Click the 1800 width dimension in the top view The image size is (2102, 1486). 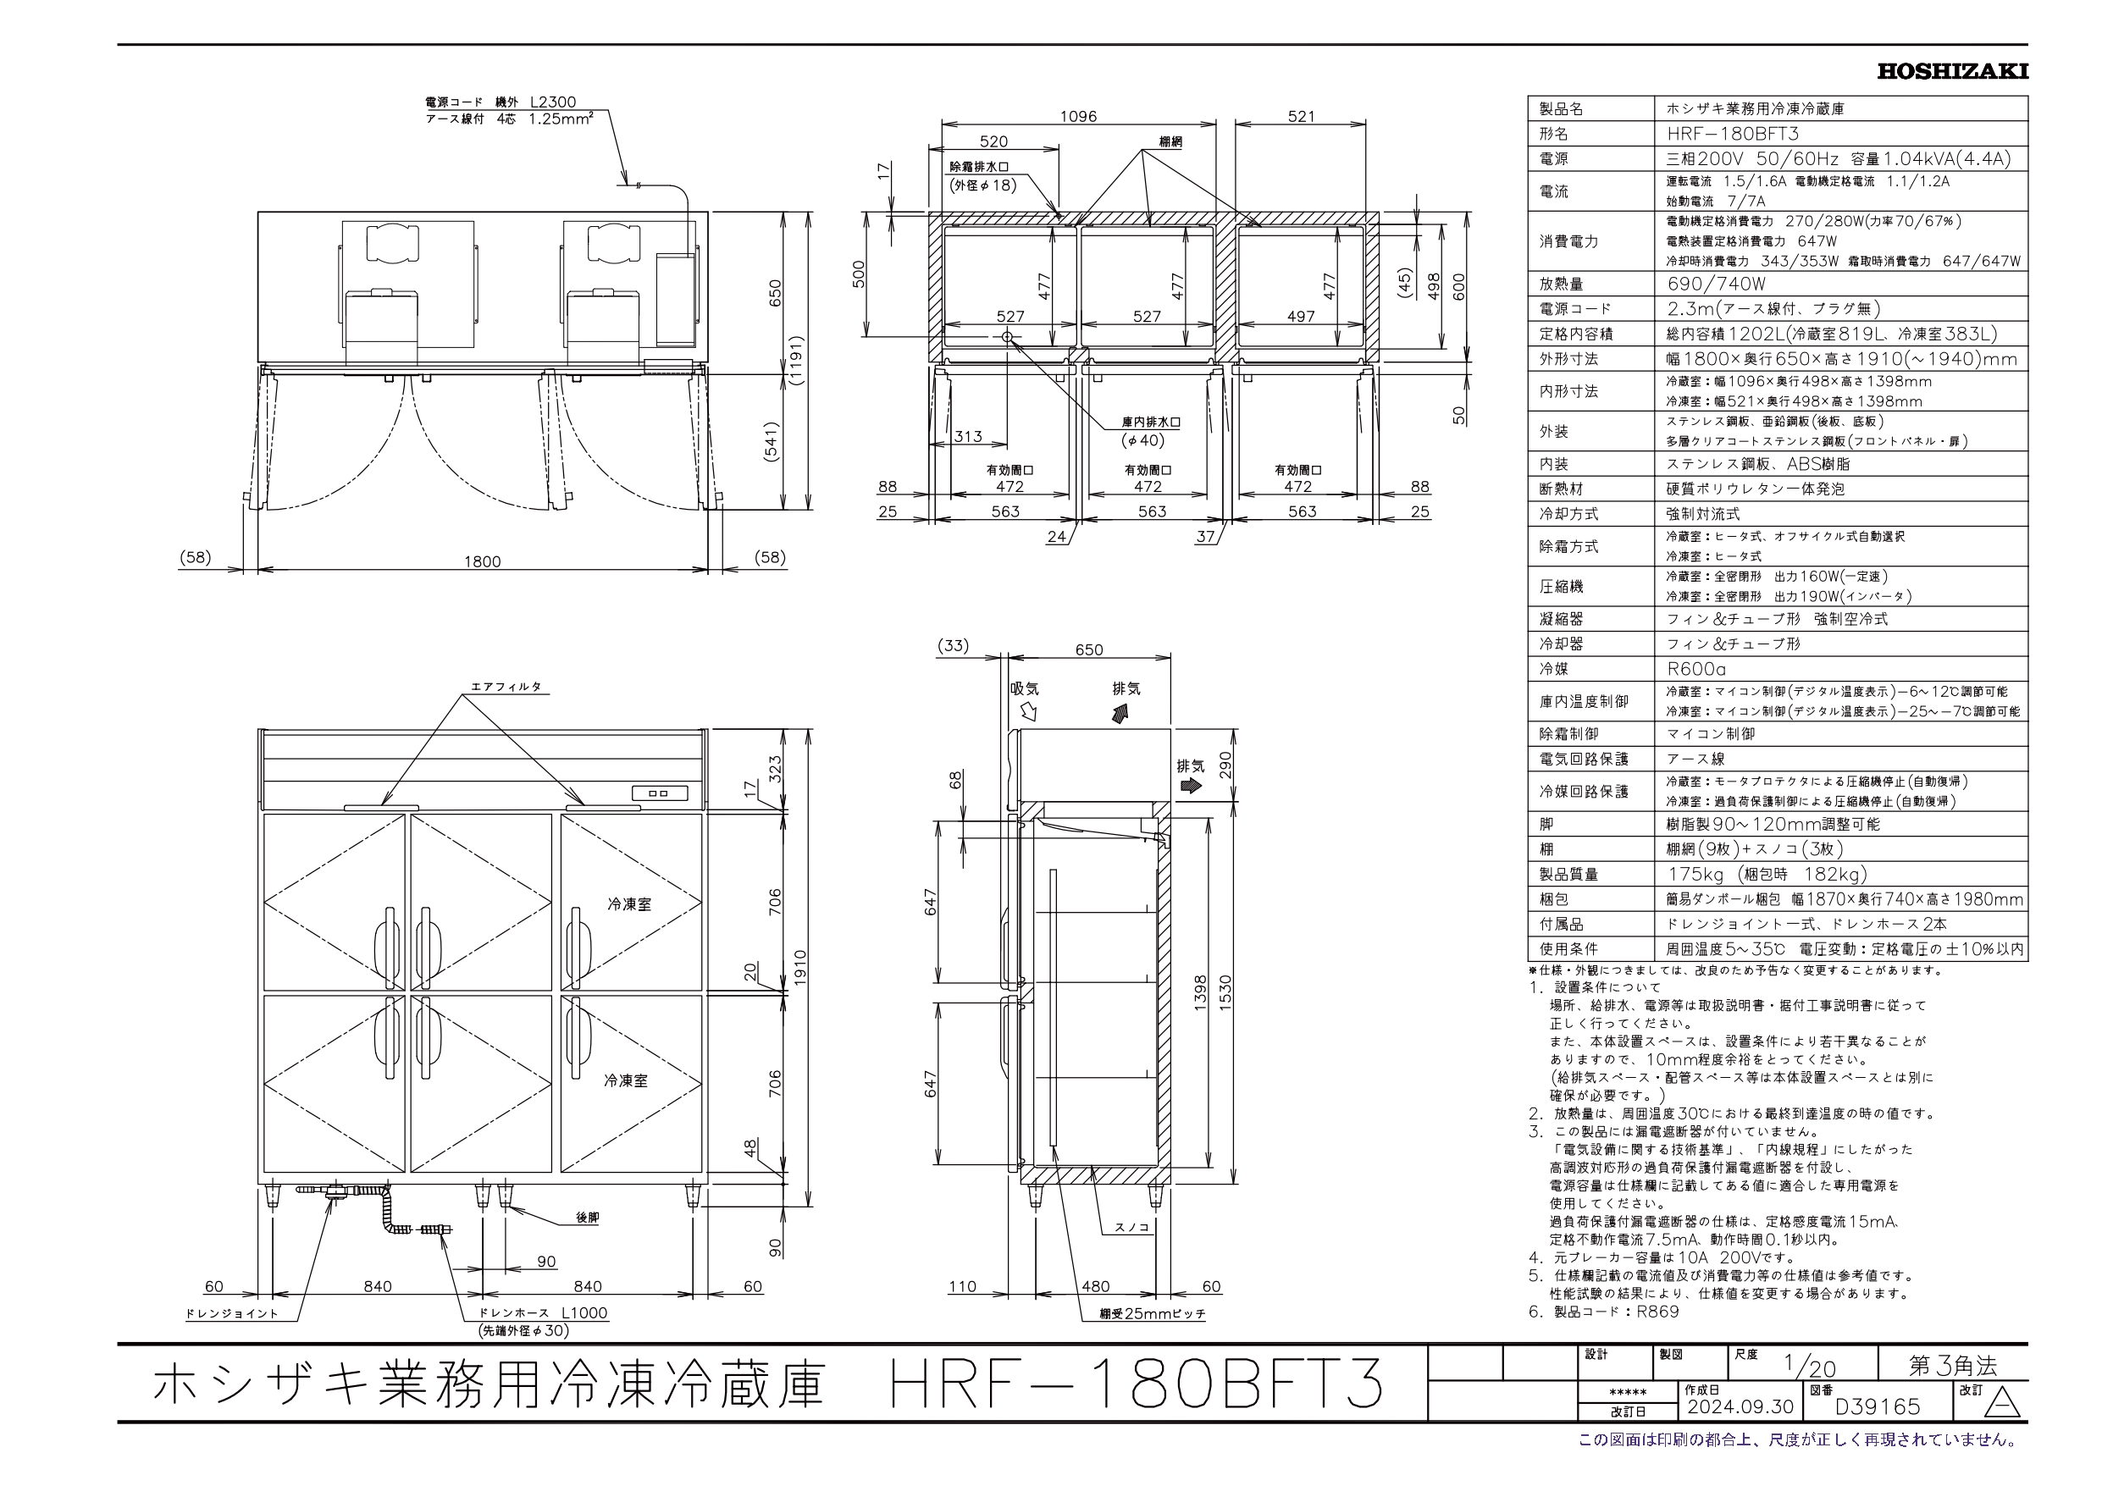(x=482, y=561)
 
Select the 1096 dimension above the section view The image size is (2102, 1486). (x=1077, y=116)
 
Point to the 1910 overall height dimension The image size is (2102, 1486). (x=800, y=964)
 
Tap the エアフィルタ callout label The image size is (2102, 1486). (x=506, y=686)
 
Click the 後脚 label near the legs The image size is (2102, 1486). (x=587, y=1217)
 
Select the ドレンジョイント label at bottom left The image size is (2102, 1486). (x=231, y=1313)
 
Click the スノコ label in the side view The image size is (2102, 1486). (x=1131, y=1227)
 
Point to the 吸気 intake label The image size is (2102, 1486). (x=1025, y=688)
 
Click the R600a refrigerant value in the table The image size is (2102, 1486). (x=1695, y=668)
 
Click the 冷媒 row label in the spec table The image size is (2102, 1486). (x=1553, y=668)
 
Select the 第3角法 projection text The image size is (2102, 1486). (x=1952, y=1366)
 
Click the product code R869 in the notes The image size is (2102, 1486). (x=1657, y=1311)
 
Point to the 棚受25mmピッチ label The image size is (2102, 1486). (x=1152, y=1313)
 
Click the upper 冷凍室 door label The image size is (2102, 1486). (x=629, y=903)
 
